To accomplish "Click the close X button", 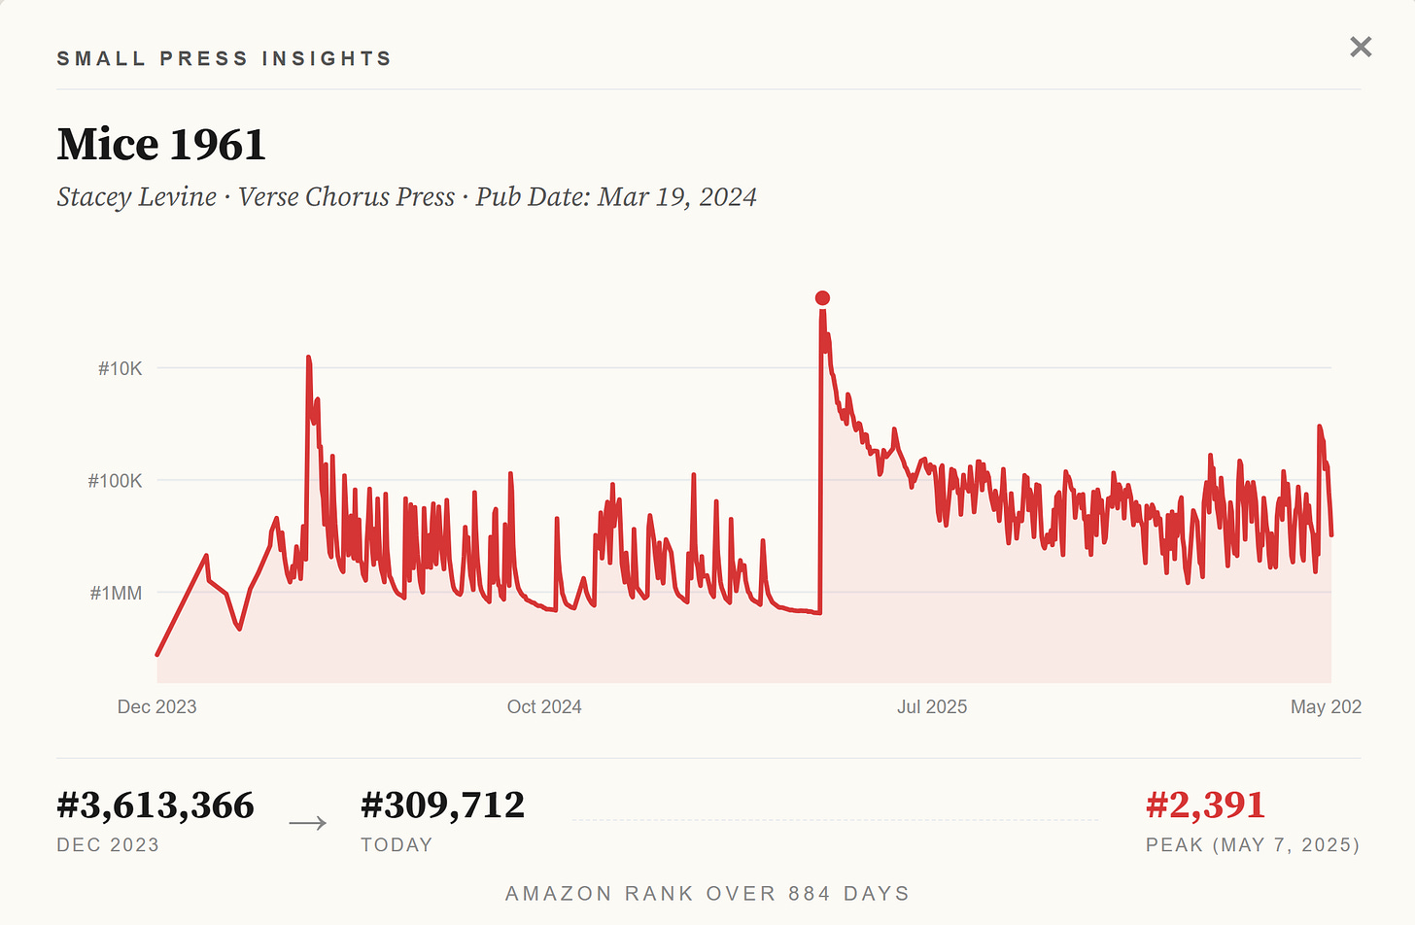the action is tap(1361, 47).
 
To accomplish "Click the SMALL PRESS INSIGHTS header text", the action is tap(224, 58).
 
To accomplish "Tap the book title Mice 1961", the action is tap(161, 144).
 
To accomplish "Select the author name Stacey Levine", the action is tap(136, 196).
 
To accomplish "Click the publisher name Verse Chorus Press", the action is tap(346, 196).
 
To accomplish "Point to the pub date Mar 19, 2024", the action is tap(677, 196).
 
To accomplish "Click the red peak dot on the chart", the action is tap(822, 298).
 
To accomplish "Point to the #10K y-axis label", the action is tap(121, 369).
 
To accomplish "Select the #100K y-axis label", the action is tap(115, 481).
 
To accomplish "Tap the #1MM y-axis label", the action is tap(116, 594).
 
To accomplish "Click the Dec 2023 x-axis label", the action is tap(156, 706).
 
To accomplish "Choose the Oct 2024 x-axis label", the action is tap(544, 706).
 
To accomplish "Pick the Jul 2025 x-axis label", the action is tap(932, 706).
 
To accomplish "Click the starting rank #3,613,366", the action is tap(155, 805).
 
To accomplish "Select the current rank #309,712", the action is tap(442, 805).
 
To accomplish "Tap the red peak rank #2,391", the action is tap(1205, 805).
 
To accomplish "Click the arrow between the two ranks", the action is tap(308, 823).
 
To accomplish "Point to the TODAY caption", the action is tap(397, 844).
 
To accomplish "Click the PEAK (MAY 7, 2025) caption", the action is tap(1253, 844).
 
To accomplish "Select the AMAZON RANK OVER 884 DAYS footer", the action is tap(707, 894).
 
